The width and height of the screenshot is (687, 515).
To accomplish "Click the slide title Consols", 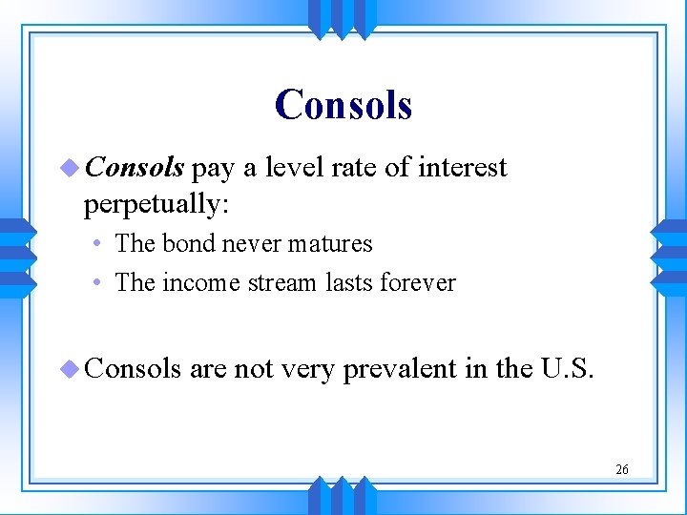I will [x=343, y=104].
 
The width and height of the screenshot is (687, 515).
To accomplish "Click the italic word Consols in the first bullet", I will [x=135, y=168].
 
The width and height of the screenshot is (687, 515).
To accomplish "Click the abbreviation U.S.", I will [x=568, y=369].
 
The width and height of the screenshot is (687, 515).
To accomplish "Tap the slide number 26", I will [x=622, y=469].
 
